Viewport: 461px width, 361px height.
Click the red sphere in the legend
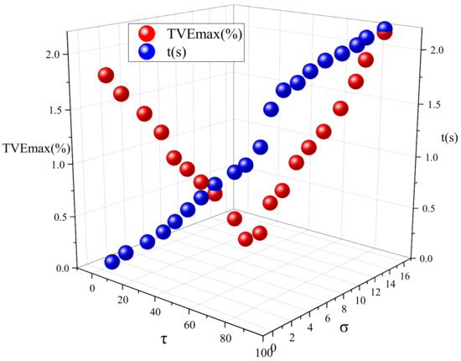147,34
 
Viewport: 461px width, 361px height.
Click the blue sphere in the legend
147,52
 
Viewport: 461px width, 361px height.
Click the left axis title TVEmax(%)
37,149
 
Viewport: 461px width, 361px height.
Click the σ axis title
344,325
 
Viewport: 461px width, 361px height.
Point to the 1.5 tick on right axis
427,105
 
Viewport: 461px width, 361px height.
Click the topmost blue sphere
386,29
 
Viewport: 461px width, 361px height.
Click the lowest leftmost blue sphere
111,262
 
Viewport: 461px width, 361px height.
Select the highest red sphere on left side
106,75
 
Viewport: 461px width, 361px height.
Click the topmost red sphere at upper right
385,33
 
